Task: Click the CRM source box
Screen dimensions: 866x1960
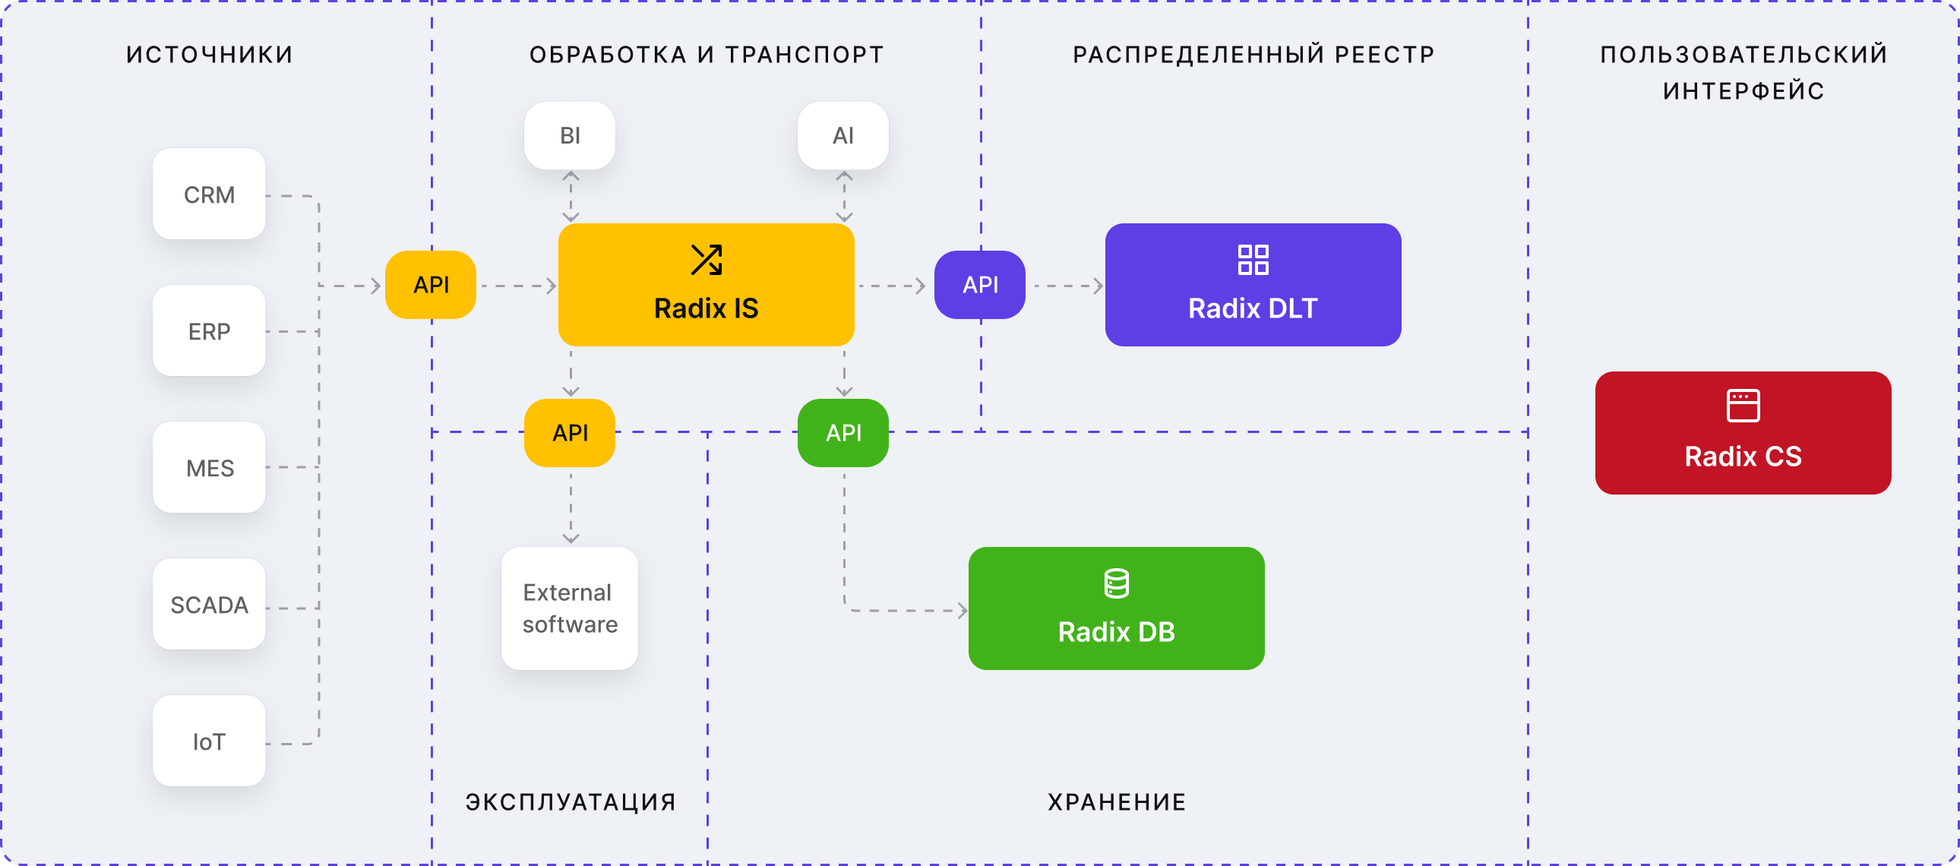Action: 209,194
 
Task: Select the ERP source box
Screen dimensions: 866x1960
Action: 209,331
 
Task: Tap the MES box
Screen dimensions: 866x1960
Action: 209,467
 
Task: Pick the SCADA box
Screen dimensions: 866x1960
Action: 209,604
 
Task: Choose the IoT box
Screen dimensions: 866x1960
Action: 209,741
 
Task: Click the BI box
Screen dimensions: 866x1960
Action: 570,135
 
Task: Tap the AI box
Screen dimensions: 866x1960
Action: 843,135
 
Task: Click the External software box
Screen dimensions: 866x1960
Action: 570,608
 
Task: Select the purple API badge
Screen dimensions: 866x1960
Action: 980,285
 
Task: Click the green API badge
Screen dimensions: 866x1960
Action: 843,432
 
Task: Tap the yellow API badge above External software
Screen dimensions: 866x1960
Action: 570,432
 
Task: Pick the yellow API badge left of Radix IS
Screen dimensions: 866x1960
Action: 431,285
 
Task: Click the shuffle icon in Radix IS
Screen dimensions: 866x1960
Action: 706,260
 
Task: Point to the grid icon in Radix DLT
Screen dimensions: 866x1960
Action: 1253,260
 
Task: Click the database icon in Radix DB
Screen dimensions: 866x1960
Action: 1116,583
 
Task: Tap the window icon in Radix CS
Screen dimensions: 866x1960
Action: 1743,406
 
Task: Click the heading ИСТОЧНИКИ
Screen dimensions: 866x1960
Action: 209,55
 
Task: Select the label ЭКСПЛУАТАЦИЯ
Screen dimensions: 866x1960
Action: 571,802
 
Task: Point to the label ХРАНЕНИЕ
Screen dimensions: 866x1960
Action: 1117,802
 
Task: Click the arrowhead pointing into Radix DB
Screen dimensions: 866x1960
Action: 963,610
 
